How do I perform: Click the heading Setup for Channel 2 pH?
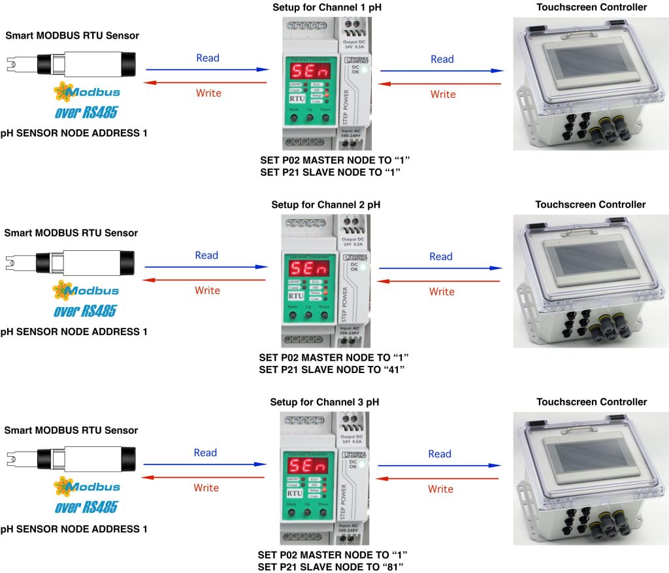pos(325,205)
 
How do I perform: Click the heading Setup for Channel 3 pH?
pos(324,402)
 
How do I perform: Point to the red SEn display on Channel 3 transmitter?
pos(306,467)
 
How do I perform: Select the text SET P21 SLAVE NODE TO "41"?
pos(332,370)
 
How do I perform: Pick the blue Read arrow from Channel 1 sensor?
pos(207,69)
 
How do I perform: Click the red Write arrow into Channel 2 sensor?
pos(204,280)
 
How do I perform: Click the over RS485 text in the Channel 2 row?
pos(85,310)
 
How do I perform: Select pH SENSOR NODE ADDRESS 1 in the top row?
pos(74,133)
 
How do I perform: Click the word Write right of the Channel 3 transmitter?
pos(440,489)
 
